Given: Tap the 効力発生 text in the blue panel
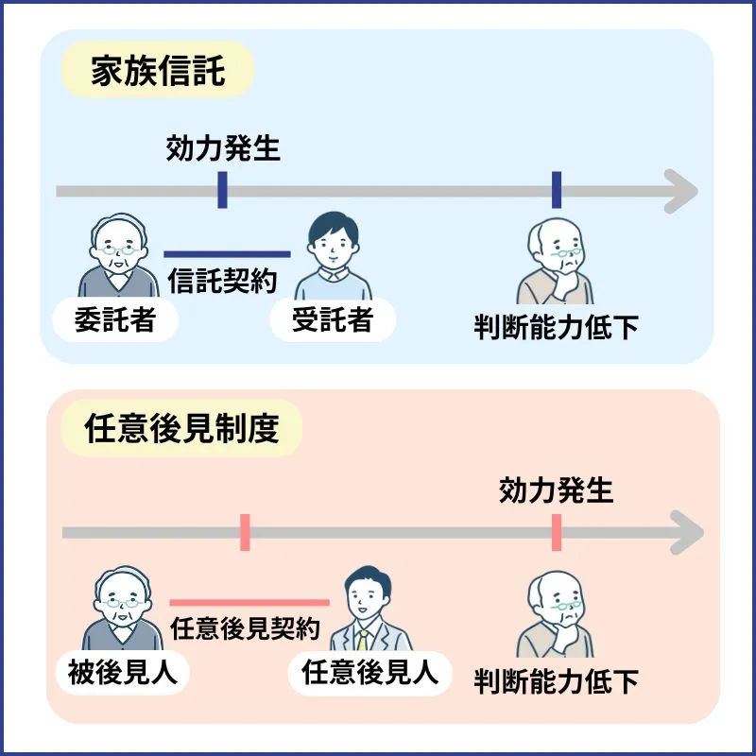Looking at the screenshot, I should click(223, 148).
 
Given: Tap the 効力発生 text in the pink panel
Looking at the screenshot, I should click(556, 490).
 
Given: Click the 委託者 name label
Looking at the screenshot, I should click(114, 321).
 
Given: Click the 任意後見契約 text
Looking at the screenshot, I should click(245, 627).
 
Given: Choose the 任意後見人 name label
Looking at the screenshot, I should click(369, 672).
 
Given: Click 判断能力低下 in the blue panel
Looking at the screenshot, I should click(556, 327).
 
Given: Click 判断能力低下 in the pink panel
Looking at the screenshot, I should click(556, 680).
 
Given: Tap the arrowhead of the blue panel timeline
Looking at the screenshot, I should click(680, 191).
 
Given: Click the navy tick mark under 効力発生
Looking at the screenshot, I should click(222, 190).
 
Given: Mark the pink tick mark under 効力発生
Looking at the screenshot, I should click(556, 533).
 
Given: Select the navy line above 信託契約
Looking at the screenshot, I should click(227, 253).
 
